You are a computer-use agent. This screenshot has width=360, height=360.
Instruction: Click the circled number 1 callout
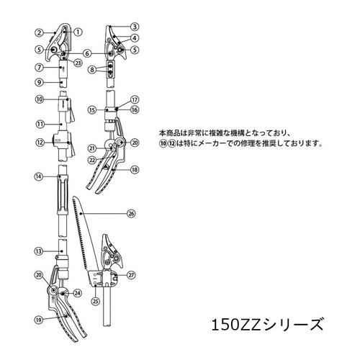[78, 32]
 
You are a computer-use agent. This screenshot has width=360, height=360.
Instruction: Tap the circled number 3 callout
[134, 27]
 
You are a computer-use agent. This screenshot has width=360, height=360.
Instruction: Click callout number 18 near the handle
[134, 169]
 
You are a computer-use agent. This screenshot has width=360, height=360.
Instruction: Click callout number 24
[78, 293]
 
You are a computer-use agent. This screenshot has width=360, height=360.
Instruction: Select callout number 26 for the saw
[131, 212]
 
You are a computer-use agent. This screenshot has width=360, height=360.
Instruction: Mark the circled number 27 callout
[131, 275]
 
